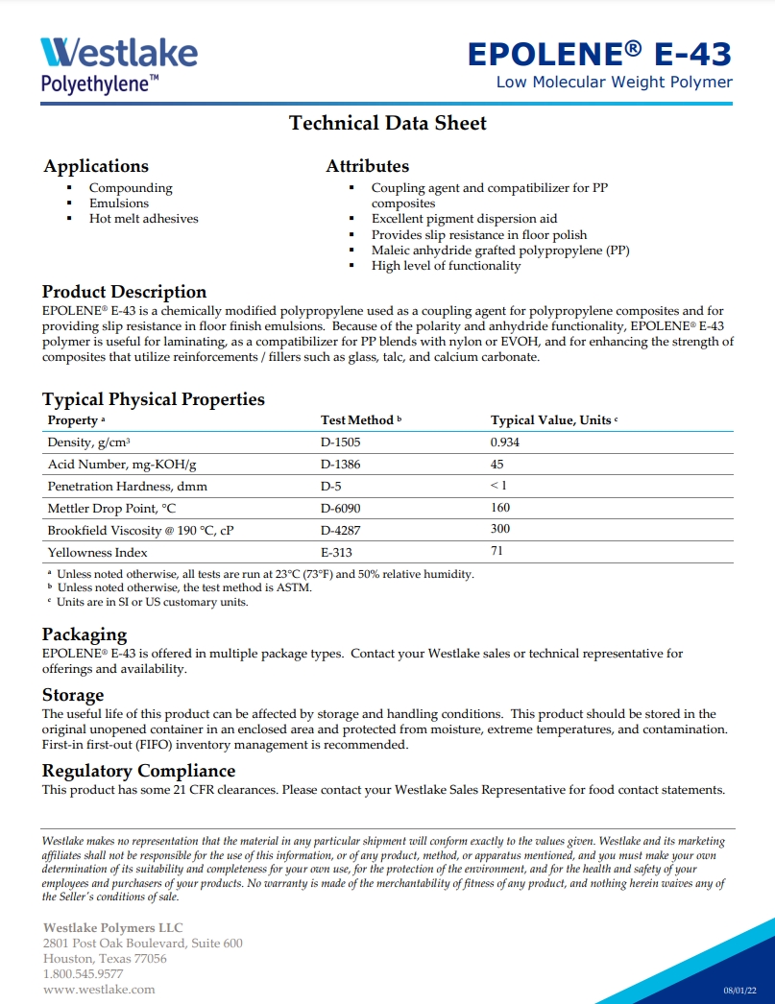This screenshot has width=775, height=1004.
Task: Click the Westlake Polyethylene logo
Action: coord(119,63)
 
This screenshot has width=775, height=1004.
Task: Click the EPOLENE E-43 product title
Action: coord(599,54)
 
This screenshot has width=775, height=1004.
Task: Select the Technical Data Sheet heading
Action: coord(388,123)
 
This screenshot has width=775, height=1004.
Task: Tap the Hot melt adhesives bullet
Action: coord(144,219)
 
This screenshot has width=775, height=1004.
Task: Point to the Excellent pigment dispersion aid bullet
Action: coord(464,219)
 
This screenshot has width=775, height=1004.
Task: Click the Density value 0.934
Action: coord(505,442)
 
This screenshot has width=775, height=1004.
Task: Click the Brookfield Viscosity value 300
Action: coord(500,529)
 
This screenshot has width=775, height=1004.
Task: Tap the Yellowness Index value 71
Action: coord(496,551)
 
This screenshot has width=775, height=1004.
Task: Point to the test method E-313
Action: coord(338,552)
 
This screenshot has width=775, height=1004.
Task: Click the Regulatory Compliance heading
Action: coord(138,771)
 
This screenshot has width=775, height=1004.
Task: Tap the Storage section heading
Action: coord(73,695)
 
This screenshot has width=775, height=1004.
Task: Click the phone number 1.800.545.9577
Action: coord(83,974)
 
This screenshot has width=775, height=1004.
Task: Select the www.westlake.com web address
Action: coord(99,990)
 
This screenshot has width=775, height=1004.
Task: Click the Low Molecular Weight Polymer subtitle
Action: coord(614,83)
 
